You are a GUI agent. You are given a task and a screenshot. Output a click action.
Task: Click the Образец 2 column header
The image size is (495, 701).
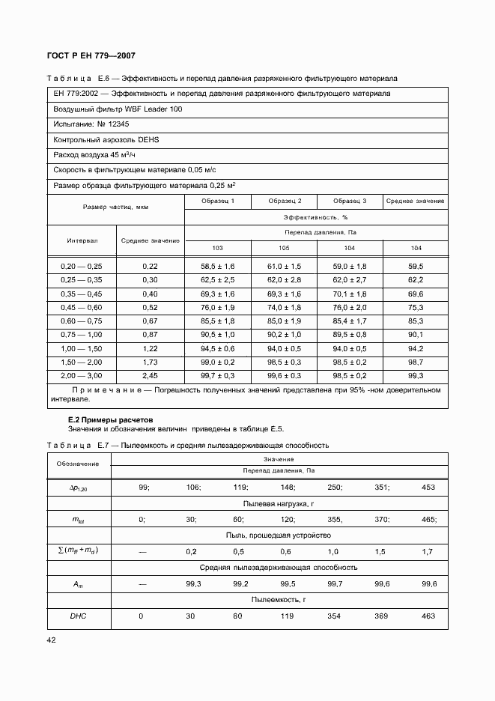point(284,201)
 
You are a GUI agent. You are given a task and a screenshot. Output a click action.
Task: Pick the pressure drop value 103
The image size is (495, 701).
point(217,248)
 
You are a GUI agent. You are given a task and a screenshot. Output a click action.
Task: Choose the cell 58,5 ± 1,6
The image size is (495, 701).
point(217,266)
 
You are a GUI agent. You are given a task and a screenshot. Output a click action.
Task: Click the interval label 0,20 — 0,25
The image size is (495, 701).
point(81,266)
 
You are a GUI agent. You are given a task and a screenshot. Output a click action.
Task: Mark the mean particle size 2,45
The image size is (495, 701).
point(150,374)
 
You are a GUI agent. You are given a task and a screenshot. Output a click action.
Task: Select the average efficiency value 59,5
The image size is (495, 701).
point(416,266)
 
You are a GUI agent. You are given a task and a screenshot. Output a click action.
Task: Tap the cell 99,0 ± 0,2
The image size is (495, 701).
point(217,361)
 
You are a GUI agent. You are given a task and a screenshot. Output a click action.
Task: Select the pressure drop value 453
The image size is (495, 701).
point(428,487)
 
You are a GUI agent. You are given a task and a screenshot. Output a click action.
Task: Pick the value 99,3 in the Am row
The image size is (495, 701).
point(194,583)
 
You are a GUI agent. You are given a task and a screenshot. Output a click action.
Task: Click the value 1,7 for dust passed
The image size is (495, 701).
point(428,551)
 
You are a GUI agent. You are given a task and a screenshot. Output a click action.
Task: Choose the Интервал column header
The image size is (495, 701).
point(81,240)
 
